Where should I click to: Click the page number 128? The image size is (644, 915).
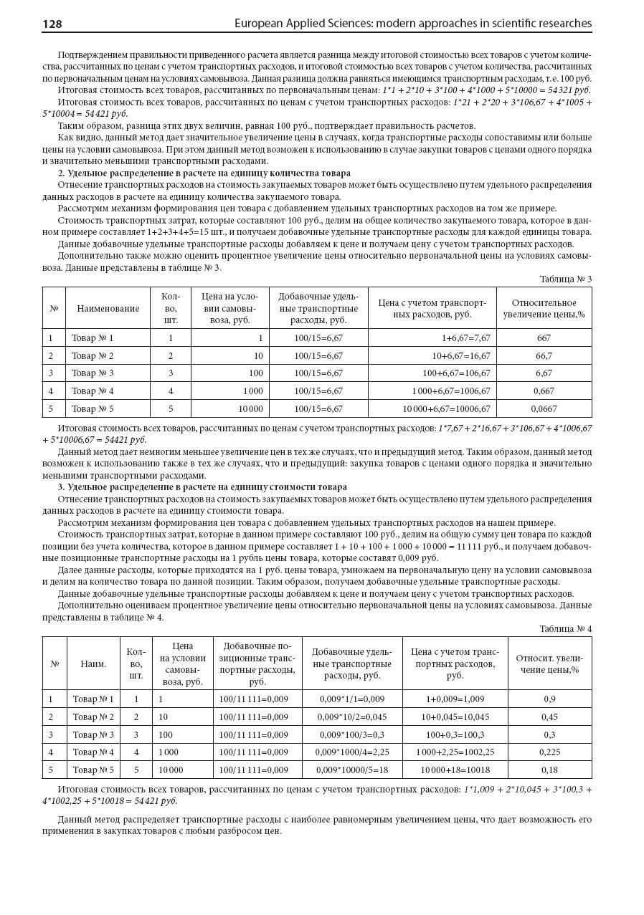click(52, 24)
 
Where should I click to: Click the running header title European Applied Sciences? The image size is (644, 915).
click(413, 24)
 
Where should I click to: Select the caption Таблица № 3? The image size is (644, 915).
click(565, 279)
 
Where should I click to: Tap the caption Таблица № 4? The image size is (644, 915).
click(565, 628)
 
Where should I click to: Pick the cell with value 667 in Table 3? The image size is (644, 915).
click(544, 338)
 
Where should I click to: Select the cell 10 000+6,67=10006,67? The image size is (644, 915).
click(446, 408)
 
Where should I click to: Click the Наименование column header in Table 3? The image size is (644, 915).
click(108, 308)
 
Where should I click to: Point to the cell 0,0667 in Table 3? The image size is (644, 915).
click(544, 408)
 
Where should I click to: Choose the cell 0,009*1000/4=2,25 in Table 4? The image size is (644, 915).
click(351, 752)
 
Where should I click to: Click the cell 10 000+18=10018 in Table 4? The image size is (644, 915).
click(455, 770)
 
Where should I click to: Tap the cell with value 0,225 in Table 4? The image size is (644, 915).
click(549, 752)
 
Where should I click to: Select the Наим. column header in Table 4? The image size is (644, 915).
click(93, 664)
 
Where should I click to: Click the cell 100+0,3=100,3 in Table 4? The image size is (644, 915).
click(455, 734)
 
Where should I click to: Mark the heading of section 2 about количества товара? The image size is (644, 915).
click(204, 173)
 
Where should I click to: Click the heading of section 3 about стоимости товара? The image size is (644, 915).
click(202, 487)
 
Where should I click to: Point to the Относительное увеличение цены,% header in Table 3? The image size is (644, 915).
click(544, 308)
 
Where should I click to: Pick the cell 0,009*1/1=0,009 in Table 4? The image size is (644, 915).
click(351, 699)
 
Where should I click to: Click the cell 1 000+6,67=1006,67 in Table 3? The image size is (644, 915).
click(451, 391)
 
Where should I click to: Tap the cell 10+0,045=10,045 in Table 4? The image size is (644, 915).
click(455, 717)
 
